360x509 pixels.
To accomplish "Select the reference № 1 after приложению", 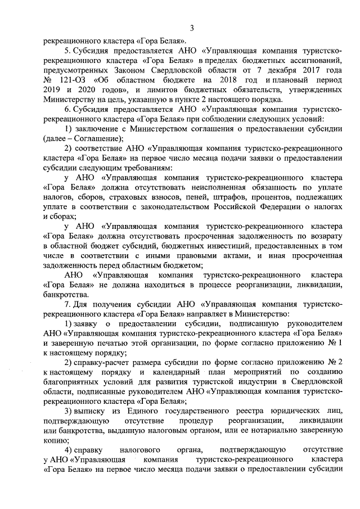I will (335, 343).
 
